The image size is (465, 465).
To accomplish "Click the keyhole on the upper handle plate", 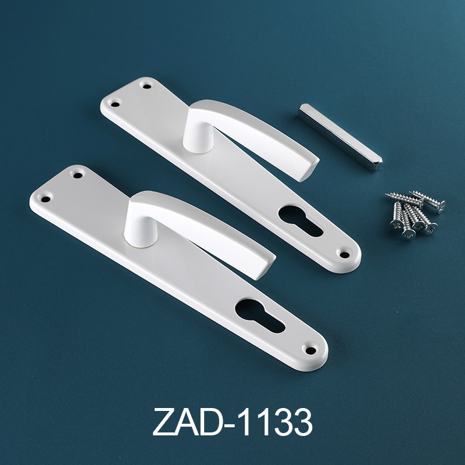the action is [299, 220].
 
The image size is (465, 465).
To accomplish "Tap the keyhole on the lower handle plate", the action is [259, 315].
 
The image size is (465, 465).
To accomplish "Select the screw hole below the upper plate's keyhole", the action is [344, 255].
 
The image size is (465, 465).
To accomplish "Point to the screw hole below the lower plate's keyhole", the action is [310, 350].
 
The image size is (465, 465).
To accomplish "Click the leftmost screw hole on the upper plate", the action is [115, 104].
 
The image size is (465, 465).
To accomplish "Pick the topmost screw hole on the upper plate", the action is [147, 86].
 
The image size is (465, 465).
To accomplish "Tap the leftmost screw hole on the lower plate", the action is [45, 199].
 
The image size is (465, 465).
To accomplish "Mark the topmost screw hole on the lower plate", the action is [78, 176].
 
